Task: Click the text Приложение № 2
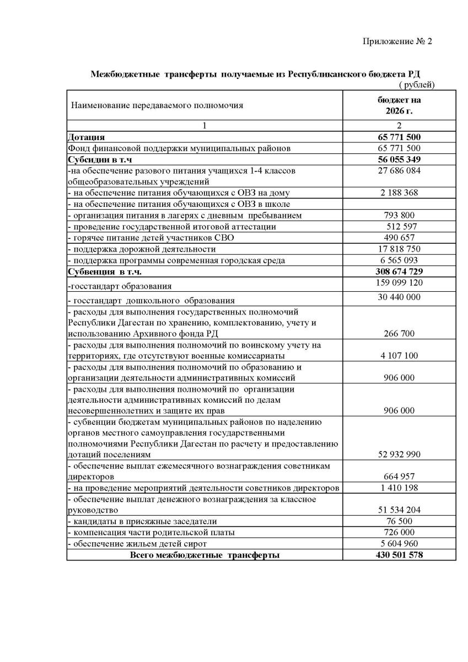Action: click(x=397, y=41)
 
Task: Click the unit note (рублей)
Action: click(x=416, y=84)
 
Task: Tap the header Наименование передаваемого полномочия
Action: click(x=156, y=105)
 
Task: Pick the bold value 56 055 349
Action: click(x=400, y=159)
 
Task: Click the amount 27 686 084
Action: click(x=400, y=171)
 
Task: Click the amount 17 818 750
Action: click(x=400, y=249)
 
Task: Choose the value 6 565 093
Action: click(x=400, y=260)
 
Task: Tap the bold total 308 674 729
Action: click(x=400, y=271)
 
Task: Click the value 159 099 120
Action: click(x=400, y=283)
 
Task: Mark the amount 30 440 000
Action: click(x=400, y=297)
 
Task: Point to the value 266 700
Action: click(x=400, y=334)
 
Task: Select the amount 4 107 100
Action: click(x=400, y=356)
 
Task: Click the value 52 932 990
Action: click(x=400, y=455)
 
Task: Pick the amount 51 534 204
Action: click(x=400, y=510)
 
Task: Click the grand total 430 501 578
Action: click(x=400, y=555)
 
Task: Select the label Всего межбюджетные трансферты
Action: click(x=205, y=555)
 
